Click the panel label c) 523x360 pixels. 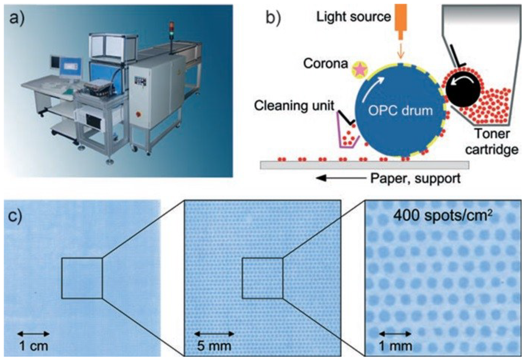[x=21, y=217]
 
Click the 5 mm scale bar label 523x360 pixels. [x=215, y=346]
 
